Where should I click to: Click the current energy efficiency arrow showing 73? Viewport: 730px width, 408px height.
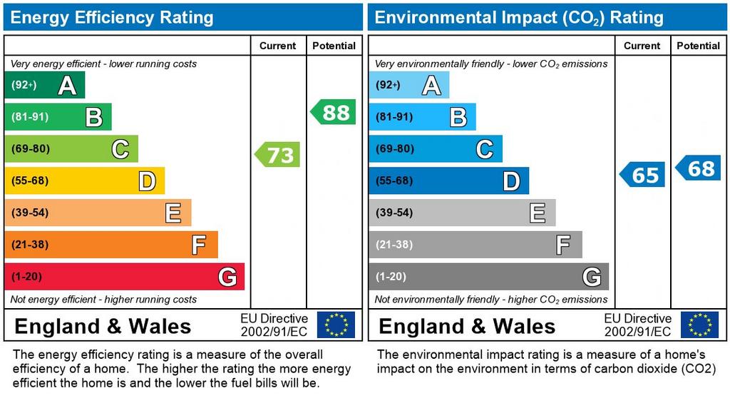(279, 154)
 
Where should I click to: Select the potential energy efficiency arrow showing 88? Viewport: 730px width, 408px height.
(334, 113)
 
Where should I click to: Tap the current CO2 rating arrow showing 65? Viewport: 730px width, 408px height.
(643, 175)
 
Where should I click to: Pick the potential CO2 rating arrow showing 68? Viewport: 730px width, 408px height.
(699, 168)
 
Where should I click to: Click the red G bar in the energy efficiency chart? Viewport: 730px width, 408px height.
(124, 277)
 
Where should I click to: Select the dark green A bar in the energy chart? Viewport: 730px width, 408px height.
(44, 86)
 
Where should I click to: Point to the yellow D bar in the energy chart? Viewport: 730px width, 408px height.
(84, 181)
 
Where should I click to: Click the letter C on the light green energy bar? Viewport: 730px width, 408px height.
(120, 150)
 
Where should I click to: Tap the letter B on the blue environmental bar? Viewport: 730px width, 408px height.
(458, 117)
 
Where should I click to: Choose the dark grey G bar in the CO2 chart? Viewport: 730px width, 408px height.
(488, 277)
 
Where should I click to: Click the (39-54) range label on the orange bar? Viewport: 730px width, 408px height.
(30, 213)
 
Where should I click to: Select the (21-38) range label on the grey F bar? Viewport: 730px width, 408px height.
(394, 245)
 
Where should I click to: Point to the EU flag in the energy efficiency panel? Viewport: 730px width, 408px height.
(336, 325)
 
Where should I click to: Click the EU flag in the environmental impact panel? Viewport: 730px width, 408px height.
(699, 325)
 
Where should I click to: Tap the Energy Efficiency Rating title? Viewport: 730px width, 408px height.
(112, 18)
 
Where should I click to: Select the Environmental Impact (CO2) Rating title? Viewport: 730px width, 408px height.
(519, 18)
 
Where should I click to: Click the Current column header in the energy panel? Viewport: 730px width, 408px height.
(277, 46)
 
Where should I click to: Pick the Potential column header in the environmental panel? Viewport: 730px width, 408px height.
(698, 46)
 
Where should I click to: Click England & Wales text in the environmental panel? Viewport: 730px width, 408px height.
(467, 327)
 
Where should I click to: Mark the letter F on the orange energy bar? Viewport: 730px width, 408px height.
(198, 245)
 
